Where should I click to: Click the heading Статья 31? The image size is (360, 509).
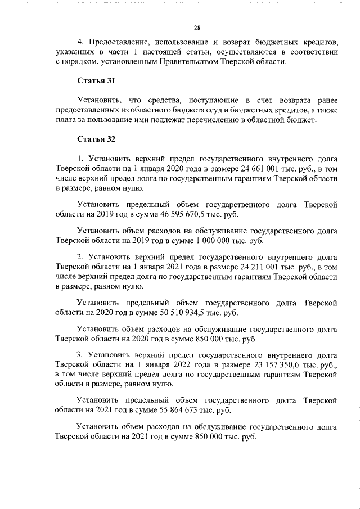coord(96,81)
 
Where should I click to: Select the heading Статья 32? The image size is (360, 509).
coord(96,138)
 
